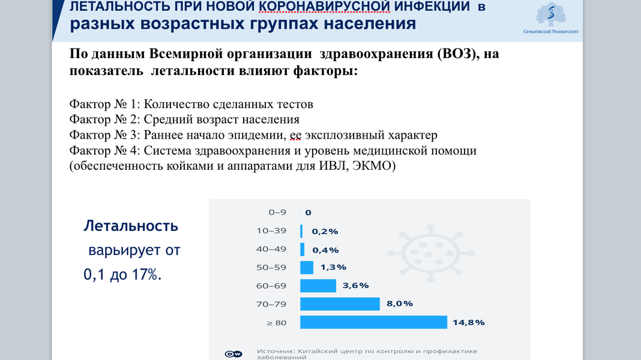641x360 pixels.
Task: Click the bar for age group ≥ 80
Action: (374, 322)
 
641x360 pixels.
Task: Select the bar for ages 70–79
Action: (340, 304)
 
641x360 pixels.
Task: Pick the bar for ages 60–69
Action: (318, 286)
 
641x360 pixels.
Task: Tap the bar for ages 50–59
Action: (307, 267)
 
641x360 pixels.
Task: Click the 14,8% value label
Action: (469, 322)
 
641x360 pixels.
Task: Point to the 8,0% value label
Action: (400, 304)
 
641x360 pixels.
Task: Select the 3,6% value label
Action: (356, 285)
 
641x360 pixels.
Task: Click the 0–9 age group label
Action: (277, 212)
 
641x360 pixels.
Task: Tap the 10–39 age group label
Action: (271, 230)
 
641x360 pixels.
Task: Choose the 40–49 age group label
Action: (271, 249)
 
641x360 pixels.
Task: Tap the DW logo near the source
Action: (233, 354)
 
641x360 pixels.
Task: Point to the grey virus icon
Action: (431, 253)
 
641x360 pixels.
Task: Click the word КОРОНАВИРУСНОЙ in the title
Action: (325, 6)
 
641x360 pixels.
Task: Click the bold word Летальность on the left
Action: (131, 226)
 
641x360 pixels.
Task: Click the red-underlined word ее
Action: (295, 135)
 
